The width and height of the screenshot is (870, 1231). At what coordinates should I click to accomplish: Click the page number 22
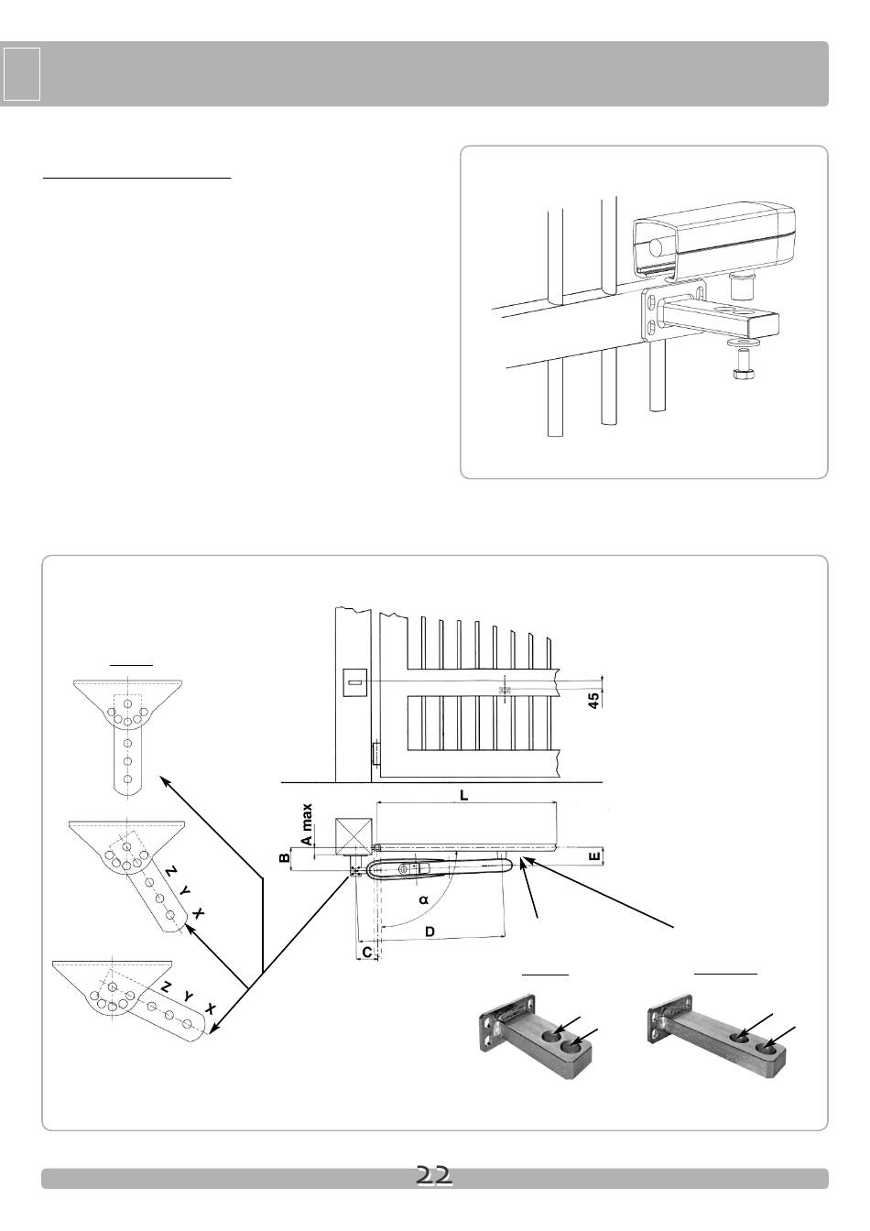(434, 1175)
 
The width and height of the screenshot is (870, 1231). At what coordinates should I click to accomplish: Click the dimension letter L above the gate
(464, 795)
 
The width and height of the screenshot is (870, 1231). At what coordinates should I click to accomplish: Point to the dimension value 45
(593, 700)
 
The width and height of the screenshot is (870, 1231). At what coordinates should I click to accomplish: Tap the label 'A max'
(307, 824)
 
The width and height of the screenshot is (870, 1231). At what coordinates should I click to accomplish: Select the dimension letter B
(285, 858)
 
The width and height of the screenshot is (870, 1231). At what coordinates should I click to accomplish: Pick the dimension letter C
(367, 953)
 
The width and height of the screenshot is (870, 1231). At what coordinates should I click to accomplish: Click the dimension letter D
(430, 931)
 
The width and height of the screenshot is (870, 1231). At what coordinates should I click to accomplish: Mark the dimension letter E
(594, 856)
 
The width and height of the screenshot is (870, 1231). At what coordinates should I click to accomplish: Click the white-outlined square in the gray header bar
(21, 74)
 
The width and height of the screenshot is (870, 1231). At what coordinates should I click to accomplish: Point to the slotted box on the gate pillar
(355, 682)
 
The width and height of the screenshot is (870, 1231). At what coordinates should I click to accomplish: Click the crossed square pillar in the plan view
(353, 836)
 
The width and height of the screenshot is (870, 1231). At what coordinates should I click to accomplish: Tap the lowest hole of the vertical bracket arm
(127, 779)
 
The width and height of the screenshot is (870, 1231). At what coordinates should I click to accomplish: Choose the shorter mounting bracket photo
(536, 1035)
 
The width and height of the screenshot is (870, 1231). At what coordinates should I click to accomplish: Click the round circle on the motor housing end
(656, 248)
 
